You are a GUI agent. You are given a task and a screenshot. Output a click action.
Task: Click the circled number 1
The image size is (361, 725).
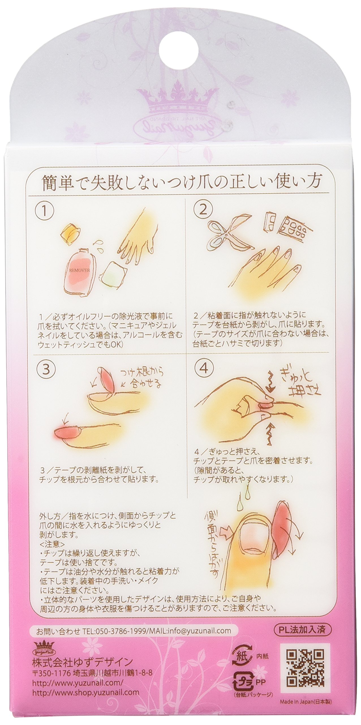click(44, 210)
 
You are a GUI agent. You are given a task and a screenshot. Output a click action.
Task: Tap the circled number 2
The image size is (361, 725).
click(203, 210)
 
